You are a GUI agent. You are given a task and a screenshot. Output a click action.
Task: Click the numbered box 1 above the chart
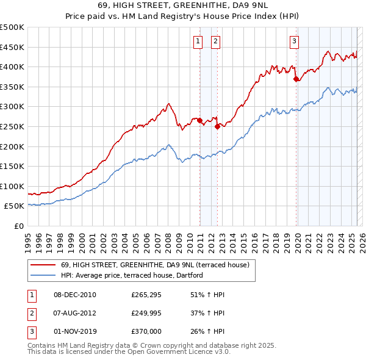(198, 41)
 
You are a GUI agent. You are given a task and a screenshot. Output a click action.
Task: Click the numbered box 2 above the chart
(216, 41)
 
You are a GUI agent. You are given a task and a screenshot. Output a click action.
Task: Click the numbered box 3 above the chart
(294, 41)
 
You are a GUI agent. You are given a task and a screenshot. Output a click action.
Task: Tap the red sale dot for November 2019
(296, 79)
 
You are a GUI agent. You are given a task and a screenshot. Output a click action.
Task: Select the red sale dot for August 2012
(217, 127)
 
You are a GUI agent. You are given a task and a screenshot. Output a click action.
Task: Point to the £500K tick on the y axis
(12, 27)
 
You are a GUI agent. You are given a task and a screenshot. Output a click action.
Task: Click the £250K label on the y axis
(12, 126)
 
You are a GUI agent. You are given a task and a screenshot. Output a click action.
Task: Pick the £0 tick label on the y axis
(19, 226)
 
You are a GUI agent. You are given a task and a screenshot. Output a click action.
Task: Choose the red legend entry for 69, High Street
(155, 265)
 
